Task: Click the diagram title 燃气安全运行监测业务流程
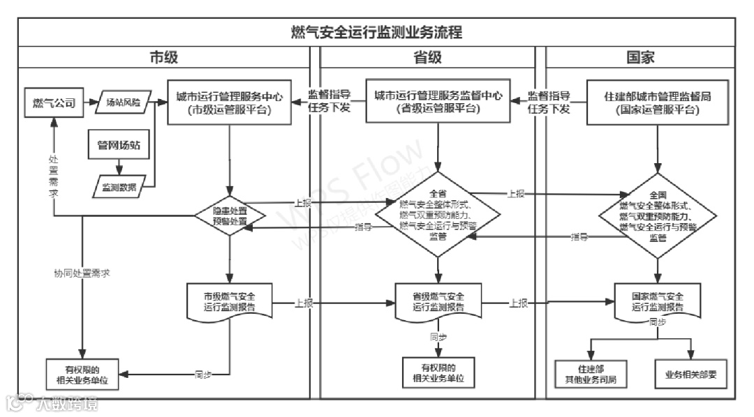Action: point(376,32)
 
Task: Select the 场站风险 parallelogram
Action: point(123,103)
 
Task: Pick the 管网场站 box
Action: point(118,145)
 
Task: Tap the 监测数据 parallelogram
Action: point(119,186)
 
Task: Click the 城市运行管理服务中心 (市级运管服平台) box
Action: point(229,103)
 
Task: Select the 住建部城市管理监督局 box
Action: point(657,103)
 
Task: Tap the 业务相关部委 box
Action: point(691,374)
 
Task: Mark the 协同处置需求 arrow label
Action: point(82,273)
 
